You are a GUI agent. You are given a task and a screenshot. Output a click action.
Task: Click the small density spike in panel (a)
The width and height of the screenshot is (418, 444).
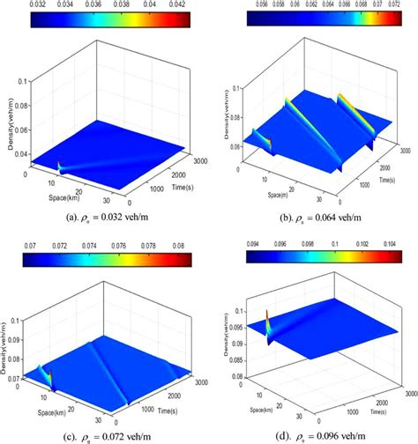coord(58,164)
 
